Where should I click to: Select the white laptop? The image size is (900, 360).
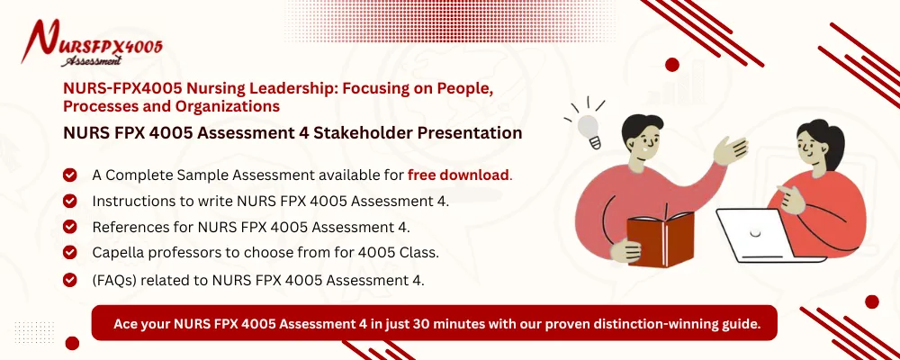pyautogui.click(x=757, y=240)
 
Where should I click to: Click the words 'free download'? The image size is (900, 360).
pyautogui.click(x=458, y=174)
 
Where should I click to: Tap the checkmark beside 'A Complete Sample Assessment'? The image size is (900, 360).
pyautogui.click(x=70, y=175)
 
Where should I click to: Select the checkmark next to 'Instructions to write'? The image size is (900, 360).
pyautogui.click(x=70, y=201)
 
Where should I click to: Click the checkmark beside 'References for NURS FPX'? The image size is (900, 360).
pyautogui.click(x=70, y=227)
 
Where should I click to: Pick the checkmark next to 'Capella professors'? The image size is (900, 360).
pyautogui.click(x=70, y=253)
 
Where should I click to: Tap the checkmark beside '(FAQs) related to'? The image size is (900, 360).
pyautogui.click(x=70, y=280)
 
